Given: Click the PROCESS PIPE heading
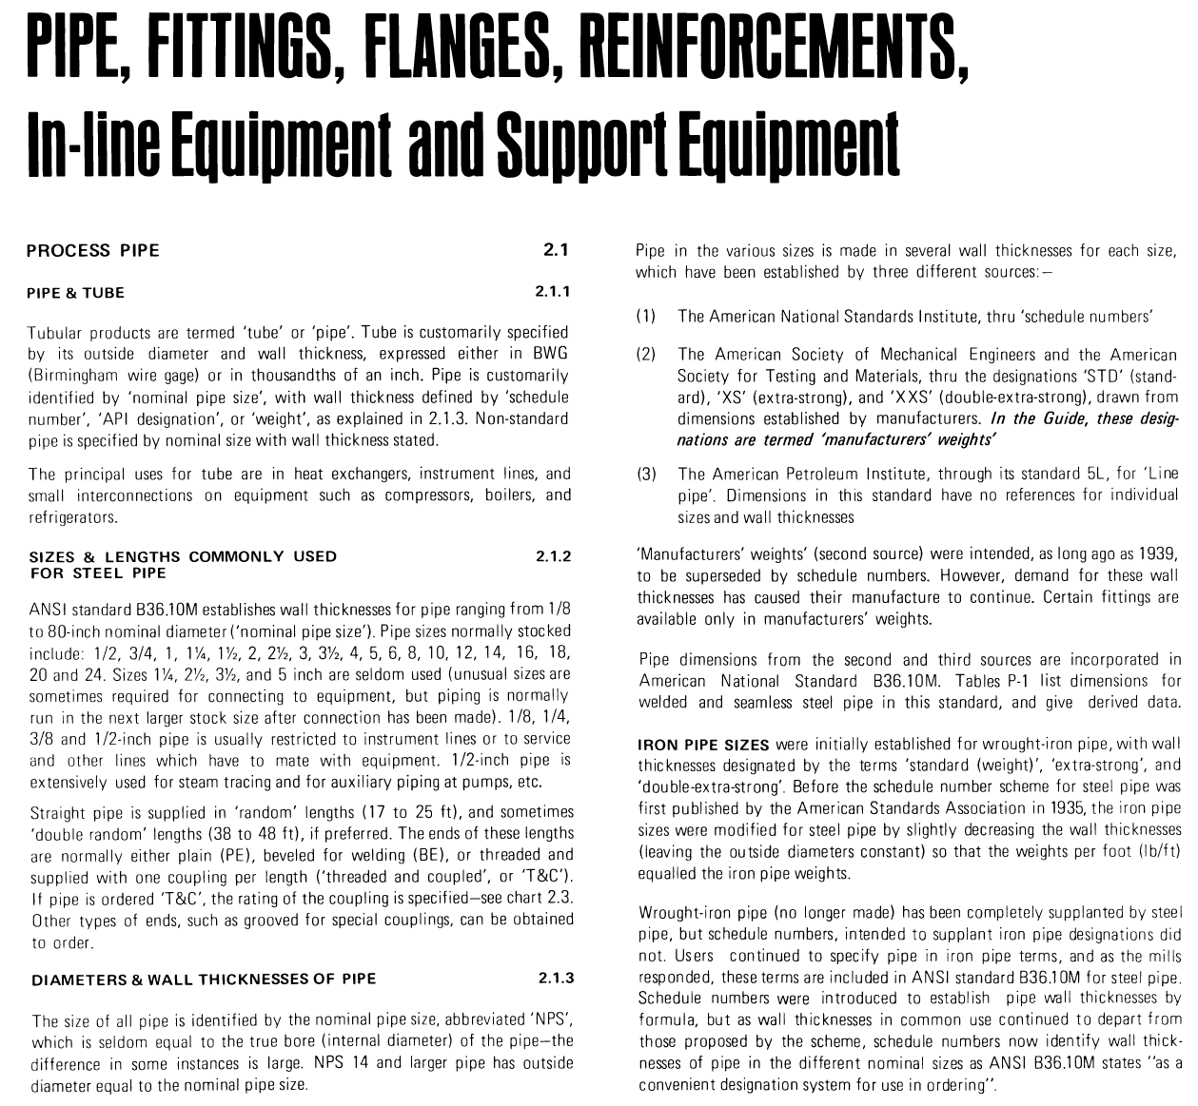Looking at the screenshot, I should pos(93,251).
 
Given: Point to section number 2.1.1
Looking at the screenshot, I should pos(553,292).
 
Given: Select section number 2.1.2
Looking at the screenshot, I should pos(554,556).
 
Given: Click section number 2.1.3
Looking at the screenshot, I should pos(555,979).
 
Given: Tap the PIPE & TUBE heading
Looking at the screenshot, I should pos(76,293).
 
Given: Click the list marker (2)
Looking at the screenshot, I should pos(646,354).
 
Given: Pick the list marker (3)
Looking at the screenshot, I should pos(646,474).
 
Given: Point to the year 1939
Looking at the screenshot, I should pos(1161,553).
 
